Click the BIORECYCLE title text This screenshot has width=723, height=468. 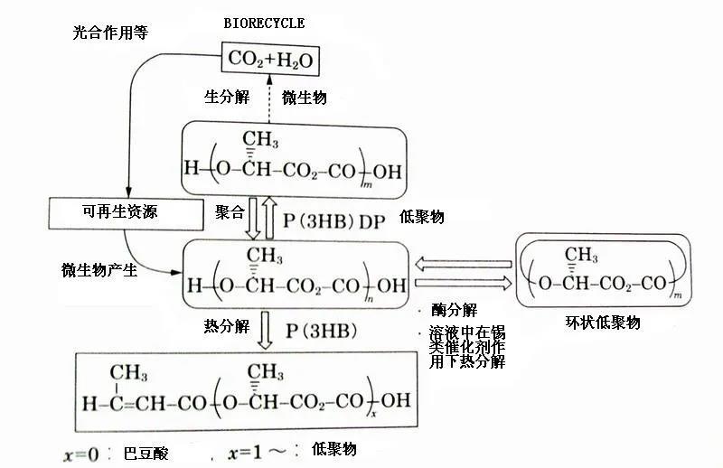pos(263,23)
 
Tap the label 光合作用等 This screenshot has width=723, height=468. pos(109,33)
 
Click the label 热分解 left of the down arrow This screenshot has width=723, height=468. pos(227,326)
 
